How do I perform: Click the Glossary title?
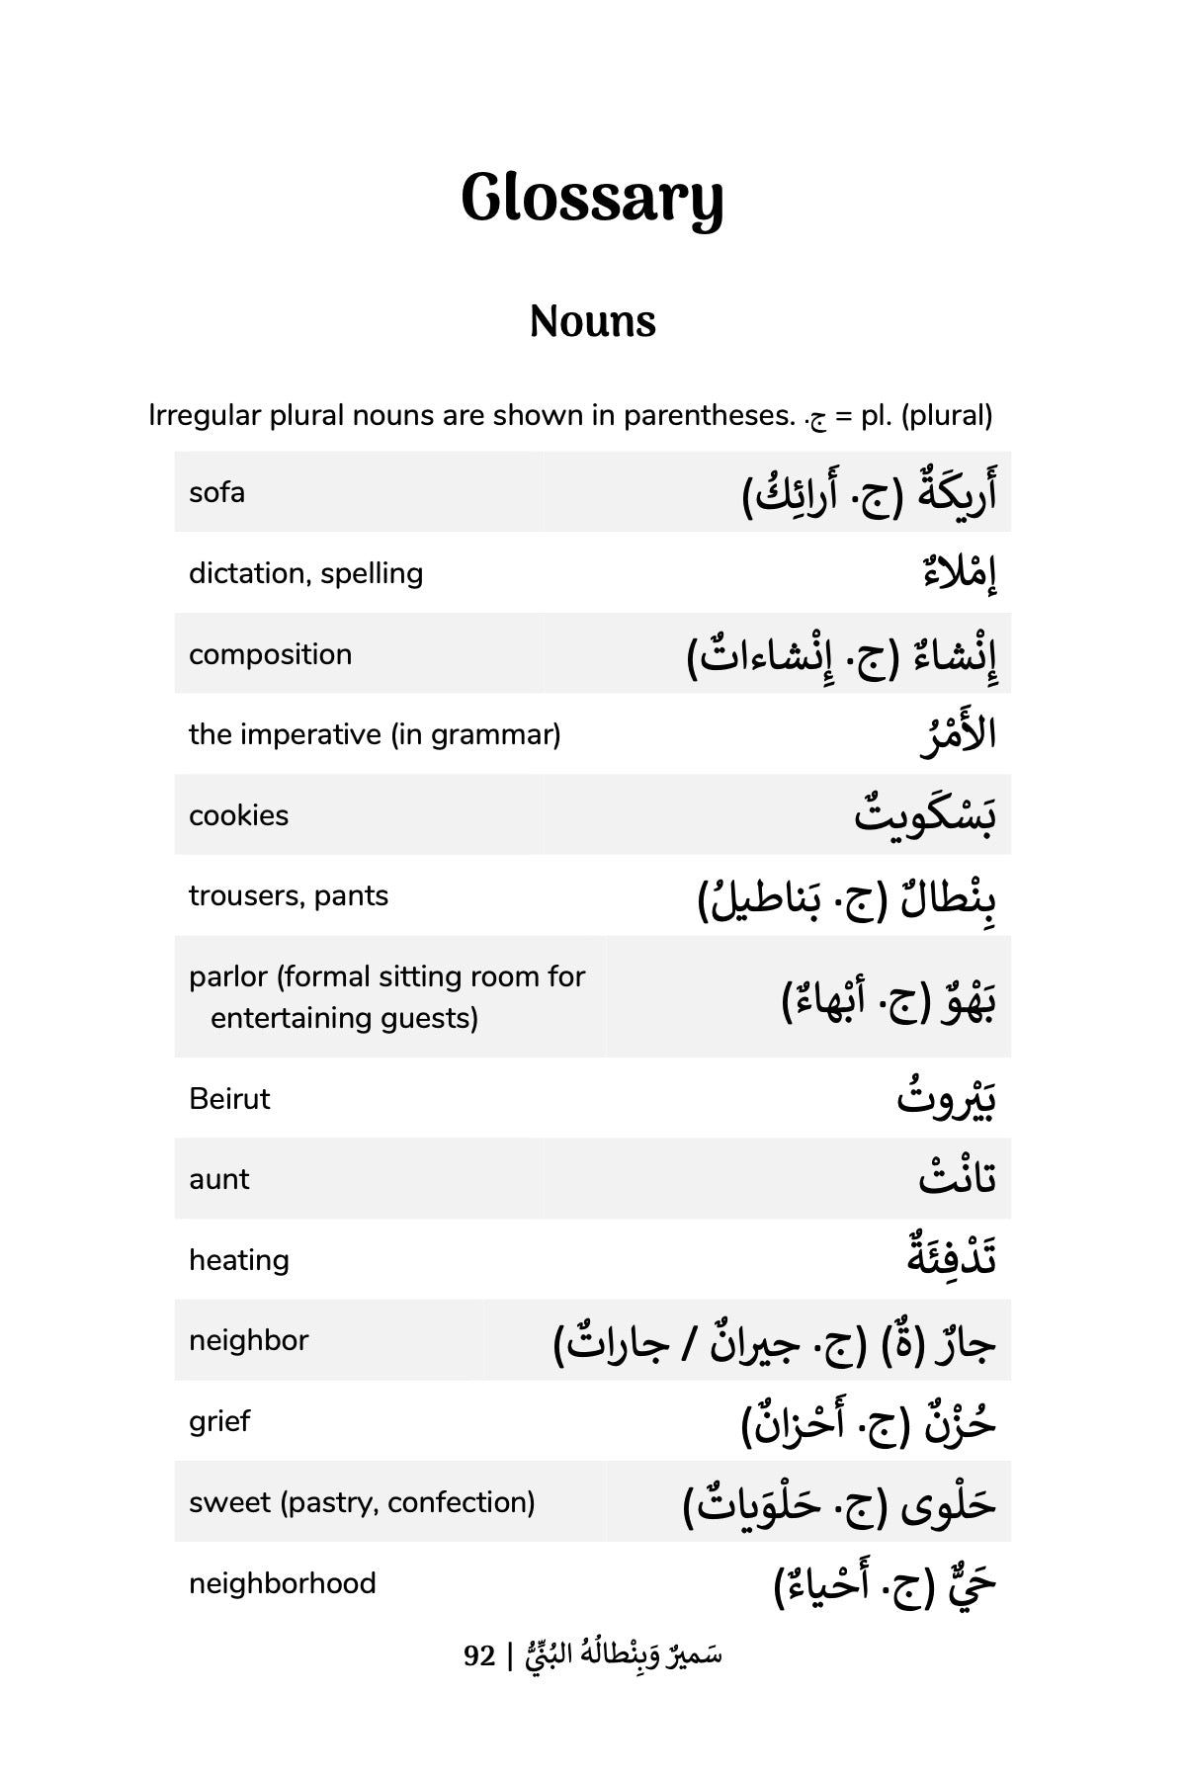tap(592, 199)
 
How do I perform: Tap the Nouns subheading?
tap(592, 321)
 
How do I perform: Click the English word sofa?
tap(216, 492)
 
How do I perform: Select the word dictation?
tap(247, 573)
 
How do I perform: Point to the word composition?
tap(270, 654)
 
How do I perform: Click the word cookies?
tap(238, 815)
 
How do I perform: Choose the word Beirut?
tap(229, 1099)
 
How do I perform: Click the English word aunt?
tap(219, 1179)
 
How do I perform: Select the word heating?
tap(239, 1260)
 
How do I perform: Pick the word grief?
tap(219, 1421)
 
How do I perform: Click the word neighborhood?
tap(283, 1583)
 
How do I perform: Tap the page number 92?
tap(479, 1654)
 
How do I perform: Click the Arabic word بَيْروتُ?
tap(946, 1099)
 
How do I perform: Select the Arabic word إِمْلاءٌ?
tap(959, 574)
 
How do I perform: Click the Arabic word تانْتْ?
tap(957, 1179)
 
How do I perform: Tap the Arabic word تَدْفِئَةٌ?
tap(952, 1257)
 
